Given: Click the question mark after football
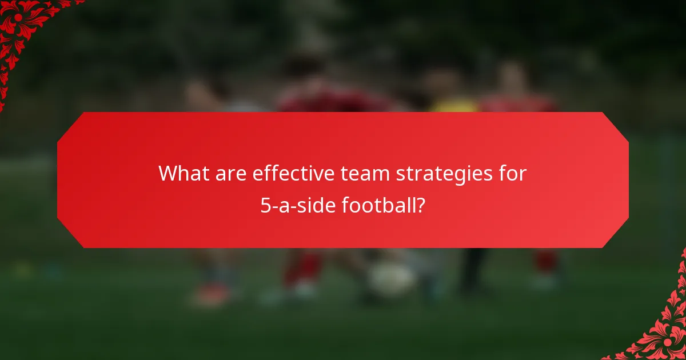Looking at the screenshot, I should [x=420, y=205].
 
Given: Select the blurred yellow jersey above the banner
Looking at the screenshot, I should [x=453, y=105].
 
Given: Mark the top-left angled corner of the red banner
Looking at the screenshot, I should [x=70, y=125].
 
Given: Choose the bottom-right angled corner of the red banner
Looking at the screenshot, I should [x=616, y=234].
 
